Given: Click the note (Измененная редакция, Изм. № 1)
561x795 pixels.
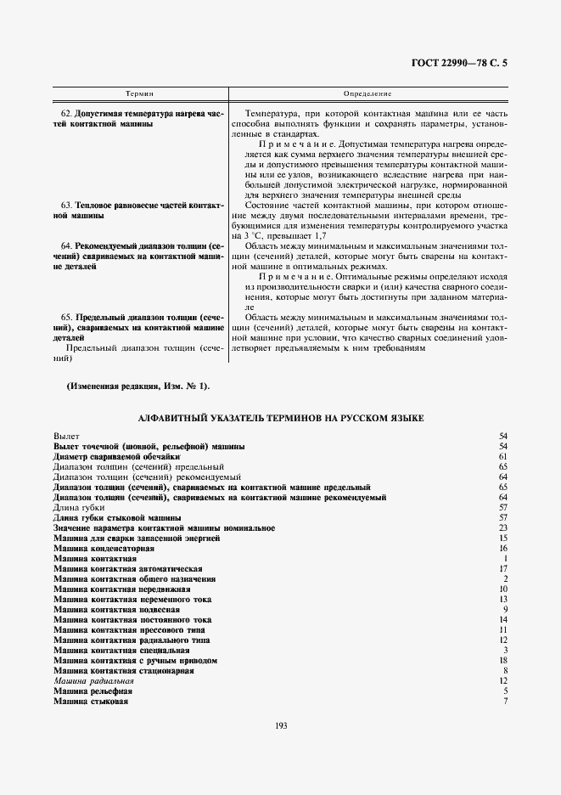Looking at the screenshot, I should (x=138, y=386).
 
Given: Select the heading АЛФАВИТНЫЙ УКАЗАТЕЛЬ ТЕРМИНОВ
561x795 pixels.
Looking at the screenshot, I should (x=281, y=418).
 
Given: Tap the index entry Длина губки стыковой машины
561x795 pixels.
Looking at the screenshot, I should (x=116, y=517).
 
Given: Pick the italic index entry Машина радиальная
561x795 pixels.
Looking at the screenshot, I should (x=93, y=680).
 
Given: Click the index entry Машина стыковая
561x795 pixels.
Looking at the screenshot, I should (x=91, y=701).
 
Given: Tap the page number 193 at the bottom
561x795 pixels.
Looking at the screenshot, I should (x=281, y=724).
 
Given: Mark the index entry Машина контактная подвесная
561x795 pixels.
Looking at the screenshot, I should (x=116, y=609).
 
